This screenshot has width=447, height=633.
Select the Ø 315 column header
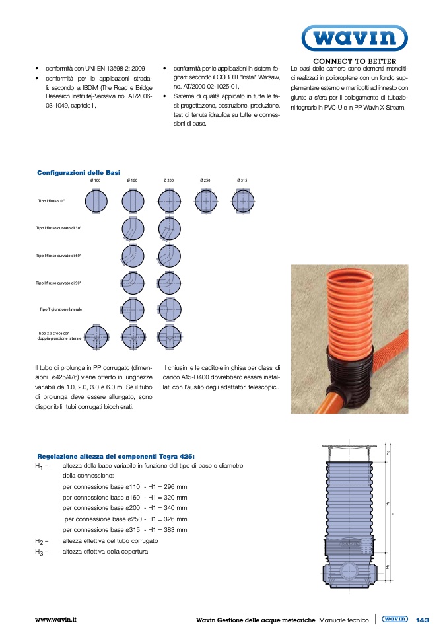pos(242,180)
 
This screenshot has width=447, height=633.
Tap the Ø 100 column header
pos(96,180)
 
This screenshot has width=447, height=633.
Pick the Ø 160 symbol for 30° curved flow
pos(133,228)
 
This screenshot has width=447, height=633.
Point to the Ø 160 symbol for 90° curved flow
pos(133,283)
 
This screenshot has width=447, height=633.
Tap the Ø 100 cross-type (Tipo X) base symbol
pos(96,337)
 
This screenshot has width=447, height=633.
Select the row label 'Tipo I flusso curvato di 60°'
pos(59,256)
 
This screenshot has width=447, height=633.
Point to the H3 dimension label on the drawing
pos(388,453)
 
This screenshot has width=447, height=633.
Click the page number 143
pos(423,620)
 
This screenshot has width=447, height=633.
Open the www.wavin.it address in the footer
pos(56,620)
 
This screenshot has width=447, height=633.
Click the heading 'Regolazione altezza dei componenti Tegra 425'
pos(116,456)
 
